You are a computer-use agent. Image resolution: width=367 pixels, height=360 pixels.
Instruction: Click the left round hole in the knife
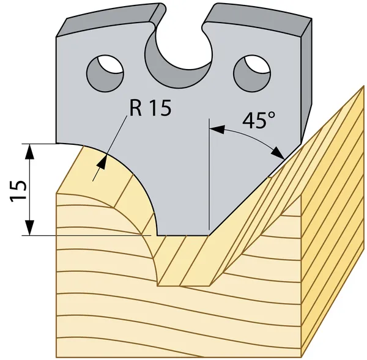(x=105, y=73)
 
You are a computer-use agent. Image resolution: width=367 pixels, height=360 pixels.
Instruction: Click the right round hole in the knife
(x=252, y=73)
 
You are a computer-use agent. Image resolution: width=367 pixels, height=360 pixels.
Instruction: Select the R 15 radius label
(x=150, y=108)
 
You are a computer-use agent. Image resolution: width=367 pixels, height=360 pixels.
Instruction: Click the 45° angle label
(x=259, y=120)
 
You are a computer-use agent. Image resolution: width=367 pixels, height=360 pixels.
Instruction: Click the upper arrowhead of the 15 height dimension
(x=29, y=152)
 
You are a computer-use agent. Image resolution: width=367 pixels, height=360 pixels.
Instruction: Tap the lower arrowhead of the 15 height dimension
(x=29, y=227)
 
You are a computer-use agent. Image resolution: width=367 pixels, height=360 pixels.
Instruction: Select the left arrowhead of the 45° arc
(x=217, y=129)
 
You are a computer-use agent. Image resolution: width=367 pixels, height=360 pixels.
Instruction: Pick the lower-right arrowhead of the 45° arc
(x=278, y=153)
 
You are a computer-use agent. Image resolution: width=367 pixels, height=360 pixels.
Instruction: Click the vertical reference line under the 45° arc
(x=209, y=174)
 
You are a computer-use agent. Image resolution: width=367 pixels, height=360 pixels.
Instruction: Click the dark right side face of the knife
(x=306, y=79)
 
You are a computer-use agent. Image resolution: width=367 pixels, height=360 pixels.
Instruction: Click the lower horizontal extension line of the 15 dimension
(x=87, y=235)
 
